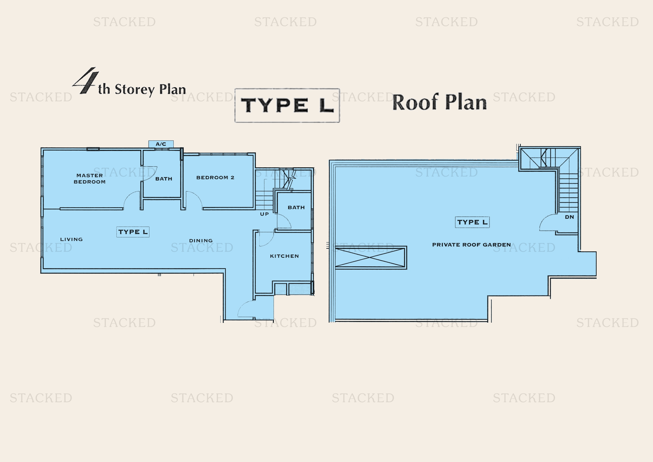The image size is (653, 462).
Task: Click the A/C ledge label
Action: click(x=161, y=144)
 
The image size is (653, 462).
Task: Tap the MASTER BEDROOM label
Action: click(x=90, y=179)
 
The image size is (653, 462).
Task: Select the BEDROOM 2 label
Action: click(x=215, y=178)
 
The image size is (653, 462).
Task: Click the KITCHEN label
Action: click(x=284, y=256)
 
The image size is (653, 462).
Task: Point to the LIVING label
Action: click(x=71, y=239)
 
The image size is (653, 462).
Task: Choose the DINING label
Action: click(x=201, y=240)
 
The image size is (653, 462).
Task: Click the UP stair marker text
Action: click(x=264, y=214)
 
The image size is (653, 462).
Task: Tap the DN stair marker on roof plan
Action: click(x=569, y=217)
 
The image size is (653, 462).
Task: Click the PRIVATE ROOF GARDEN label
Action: click(x=472, y=245)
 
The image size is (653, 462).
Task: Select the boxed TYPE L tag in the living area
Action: click(x=133, y=232)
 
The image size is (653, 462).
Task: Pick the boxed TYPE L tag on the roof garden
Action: click(x=472, y=222)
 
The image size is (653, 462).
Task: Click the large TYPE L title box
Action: click(x=287, y=105)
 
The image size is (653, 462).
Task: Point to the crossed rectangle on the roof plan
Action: click(x=371, y=258)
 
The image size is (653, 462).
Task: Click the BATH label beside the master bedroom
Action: click(x=164, y=179)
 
